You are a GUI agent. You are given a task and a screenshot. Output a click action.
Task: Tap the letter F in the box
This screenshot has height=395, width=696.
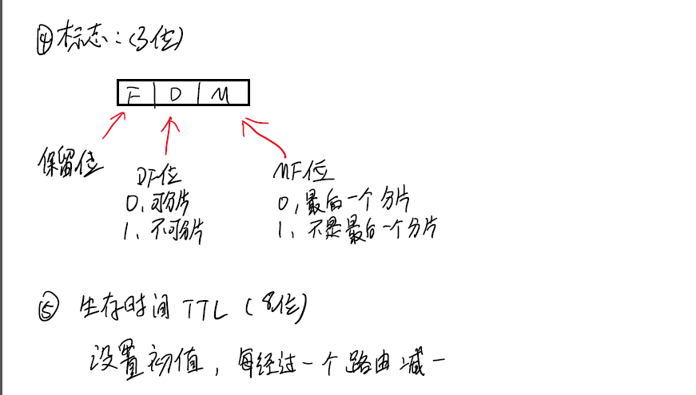point(133,94)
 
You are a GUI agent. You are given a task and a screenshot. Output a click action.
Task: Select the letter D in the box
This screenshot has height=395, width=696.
point(176,94)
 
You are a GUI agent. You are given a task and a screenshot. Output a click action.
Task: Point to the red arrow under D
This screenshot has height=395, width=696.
point(169,136)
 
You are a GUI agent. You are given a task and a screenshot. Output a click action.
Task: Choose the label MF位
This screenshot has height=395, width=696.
point(304,171)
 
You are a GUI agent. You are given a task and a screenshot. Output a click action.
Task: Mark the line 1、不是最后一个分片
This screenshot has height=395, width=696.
point(356,230)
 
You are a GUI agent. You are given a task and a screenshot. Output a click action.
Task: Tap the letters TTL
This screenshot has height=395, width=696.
point(210,308)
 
